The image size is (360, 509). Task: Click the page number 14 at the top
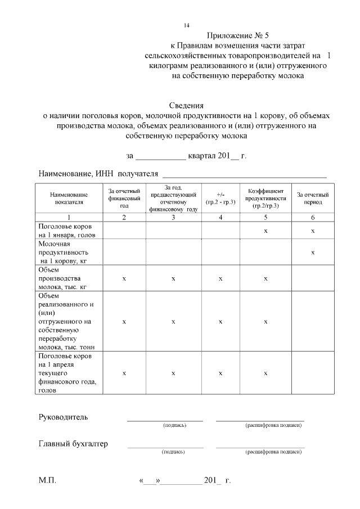[x=187, y=25]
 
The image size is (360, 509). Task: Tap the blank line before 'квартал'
[x=161, y=156]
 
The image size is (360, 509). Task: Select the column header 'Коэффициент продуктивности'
[x=267, y=198]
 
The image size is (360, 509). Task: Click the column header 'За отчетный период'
[x=313, y=198]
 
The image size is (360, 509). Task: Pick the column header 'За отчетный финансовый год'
[x=124, y=198]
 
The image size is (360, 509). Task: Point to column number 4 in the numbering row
[x=220, y=217]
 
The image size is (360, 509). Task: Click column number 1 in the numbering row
[x=69, y=217]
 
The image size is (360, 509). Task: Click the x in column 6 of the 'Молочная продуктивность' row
[x=313, y=253]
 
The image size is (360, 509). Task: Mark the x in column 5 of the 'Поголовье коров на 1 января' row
[x=265, y=231]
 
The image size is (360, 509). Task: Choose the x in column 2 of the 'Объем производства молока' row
[x=124, y=278]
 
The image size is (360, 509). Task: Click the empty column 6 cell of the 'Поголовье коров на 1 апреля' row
[x=313, y=373]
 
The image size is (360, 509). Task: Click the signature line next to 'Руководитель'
[x=165, y=420]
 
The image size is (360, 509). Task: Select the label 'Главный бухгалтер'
[x=73, y=444]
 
